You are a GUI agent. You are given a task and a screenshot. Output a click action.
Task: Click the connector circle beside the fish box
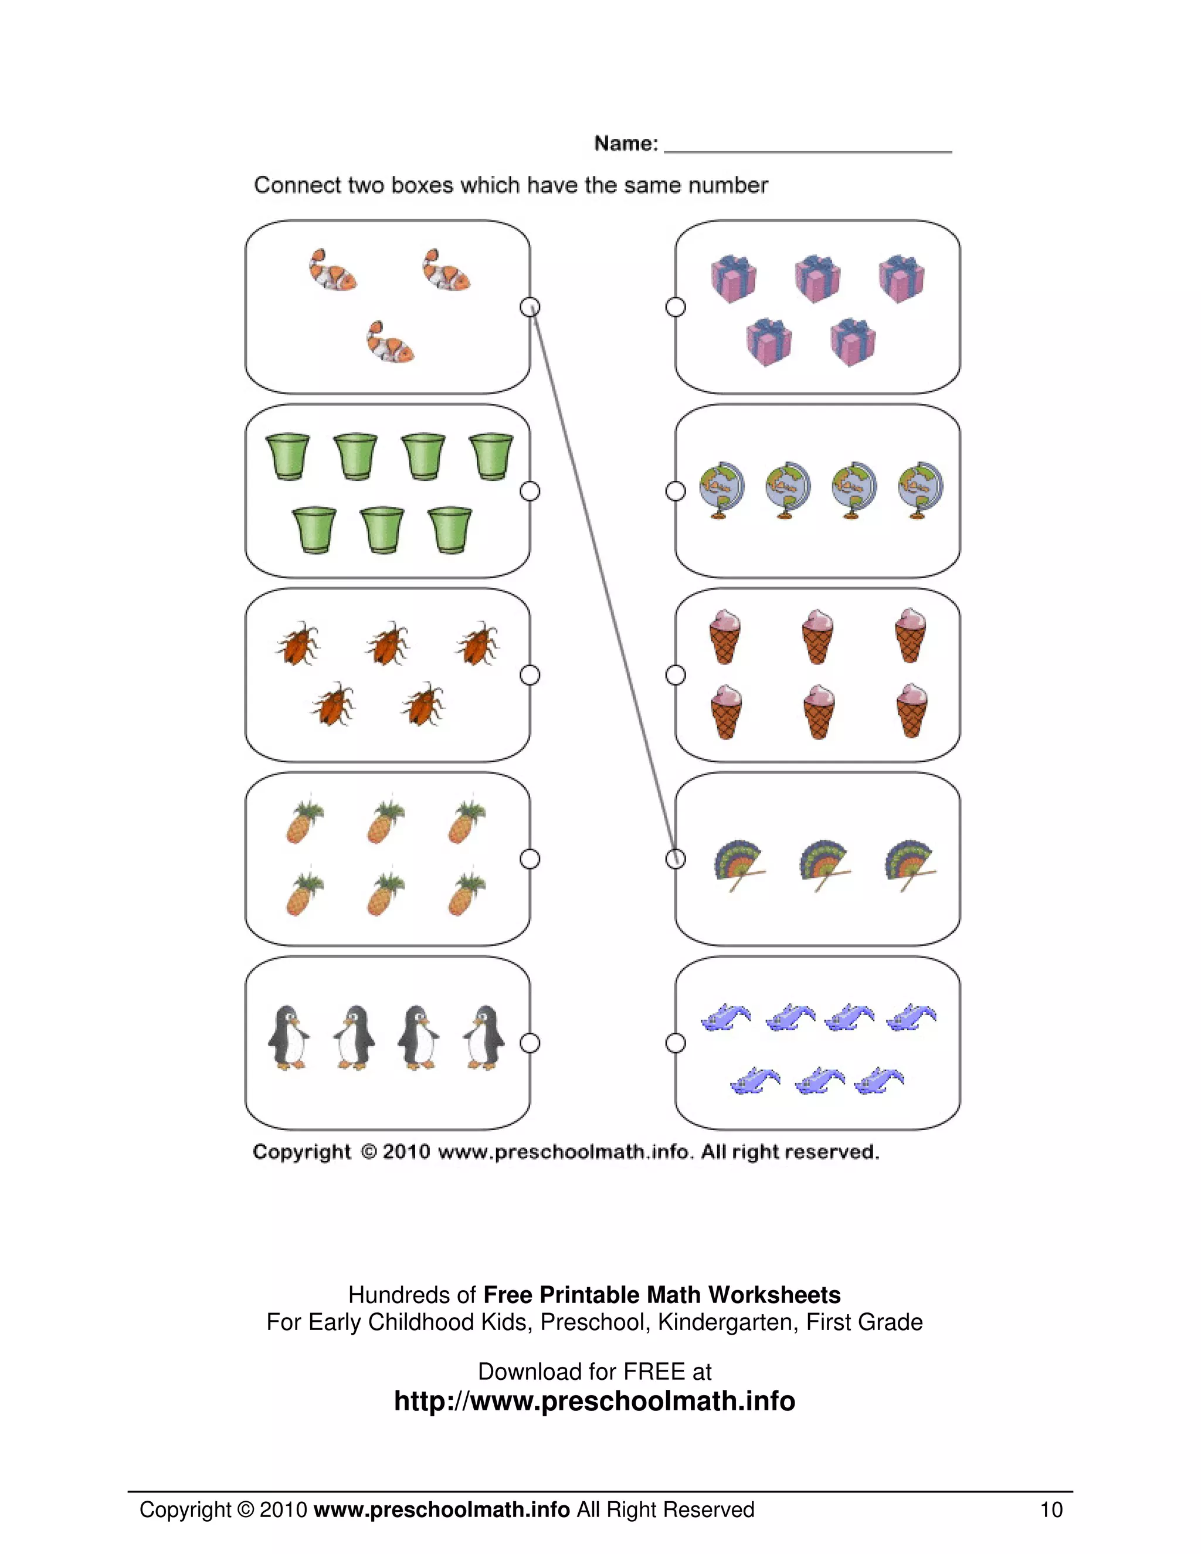pyautogui.click(x=530, y=307)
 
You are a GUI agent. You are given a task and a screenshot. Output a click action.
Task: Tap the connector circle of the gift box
pyautogui.click(x=675, y=307)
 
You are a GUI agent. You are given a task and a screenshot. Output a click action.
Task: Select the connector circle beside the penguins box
pyautogui.click(x=530, y=1043)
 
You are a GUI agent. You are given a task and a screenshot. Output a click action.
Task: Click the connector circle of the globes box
pyautogui.click(x=675, y=491)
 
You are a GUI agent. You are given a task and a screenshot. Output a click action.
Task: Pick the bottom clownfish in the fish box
pyautogui.click(x=390, y=342)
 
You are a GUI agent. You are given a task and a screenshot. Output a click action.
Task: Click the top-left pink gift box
pyautogui.click(x=734, y=278)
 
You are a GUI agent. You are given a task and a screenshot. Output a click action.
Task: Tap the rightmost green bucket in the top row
pyautogui.click(x=491, y=456)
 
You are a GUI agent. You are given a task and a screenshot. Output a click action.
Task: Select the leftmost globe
pyautogui.click(x=721, y=490)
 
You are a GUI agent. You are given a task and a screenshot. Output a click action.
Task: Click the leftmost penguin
pyautogui.click(x=288, y=1037)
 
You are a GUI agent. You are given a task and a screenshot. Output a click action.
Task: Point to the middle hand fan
pyautogui.click(x=824, y=864)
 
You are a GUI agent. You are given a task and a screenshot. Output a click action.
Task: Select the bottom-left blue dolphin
pyautogui.click(x=754, y=1081)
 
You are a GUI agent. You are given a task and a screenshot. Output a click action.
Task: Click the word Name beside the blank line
pyautogui.click(x=625, y=144)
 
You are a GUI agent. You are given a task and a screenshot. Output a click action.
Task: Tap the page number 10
pyautogui.click(x=1051, y=1509)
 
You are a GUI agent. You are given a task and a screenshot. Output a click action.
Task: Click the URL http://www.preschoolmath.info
pyautogui.click(x=594, y=1400)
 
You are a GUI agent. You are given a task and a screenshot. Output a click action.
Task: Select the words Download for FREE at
pyautogui.click(x=594, y=1370)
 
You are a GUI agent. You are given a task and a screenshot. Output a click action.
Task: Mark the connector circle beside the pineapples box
pyautogui.click(x=530, y=859)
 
